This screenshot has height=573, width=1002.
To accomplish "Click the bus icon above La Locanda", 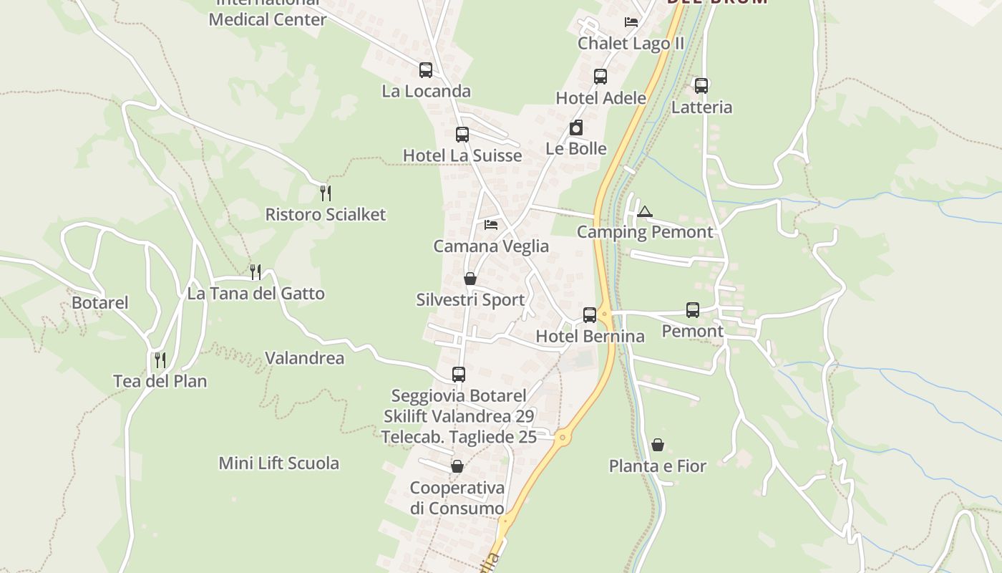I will tap(426, 69).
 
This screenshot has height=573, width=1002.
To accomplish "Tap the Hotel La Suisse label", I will tap(462, 155).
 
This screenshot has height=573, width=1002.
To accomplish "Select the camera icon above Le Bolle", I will tap(576, 127).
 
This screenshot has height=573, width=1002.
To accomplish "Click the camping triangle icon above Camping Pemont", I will tap(645, 211).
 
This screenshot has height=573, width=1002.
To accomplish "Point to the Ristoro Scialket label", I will tap(326, 214).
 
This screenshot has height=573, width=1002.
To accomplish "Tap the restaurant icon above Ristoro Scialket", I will tap(326, 193).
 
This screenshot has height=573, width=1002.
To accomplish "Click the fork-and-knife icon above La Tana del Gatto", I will tap(256, 271).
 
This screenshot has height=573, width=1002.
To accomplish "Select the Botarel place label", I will tap(100, 302).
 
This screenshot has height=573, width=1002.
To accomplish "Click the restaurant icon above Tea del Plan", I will tap(160, 360).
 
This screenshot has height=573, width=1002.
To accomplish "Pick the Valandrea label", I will tap(305, 357).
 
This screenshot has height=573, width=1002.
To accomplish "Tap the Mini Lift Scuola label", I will tap(279, 463).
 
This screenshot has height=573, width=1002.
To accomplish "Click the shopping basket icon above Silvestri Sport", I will tap(470, 278).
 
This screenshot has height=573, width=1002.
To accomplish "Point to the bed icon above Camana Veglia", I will tap(491, 225).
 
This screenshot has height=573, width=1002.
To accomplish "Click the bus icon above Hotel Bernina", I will tap(590, 314).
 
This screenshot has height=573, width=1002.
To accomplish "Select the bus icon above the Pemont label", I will tap(693, 309).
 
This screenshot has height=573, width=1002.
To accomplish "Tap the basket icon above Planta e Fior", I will tap(658, 445).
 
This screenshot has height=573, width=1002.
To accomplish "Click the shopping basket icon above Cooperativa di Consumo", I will tap(457, 466).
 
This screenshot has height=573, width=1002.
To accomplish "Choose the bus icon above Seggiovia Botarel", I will tap(459, 374).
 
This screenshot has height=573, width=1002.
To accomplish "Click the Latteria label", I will tap(702, 107).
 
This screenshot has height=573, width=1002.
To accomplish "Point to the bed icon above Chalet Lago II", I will tap(631, 21).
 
